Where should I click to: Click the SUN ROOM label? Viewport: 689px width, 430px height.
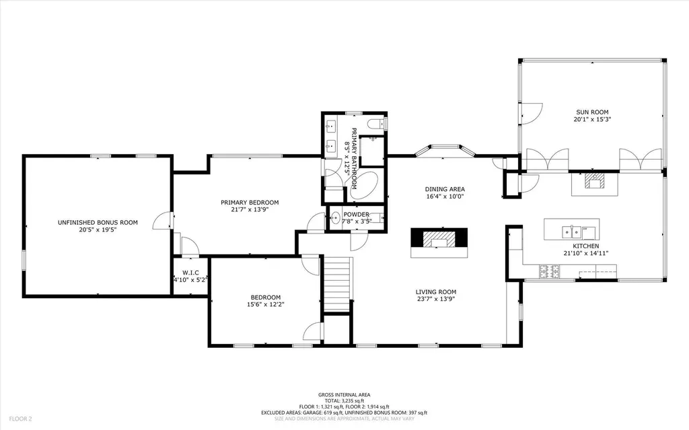[x=592, y=112]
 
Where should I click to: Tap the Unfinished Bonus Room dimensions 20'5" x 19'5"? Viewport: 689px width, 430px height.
[x=98, y=229]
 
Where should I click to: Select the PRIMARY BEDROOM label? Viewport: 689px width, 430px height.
[x=250, y=203]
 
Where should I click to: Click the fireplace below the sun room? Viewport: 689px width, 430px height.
[x=595, y=181]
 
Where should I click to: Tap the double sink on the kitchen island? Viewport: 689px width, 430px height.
[x=573, y=232]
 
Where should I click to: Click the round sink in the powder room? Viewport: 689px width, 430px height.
[x=334, y=217]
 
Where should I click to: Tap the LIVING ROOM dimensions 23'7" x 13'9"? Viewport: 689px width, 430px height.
[x=437, y=299]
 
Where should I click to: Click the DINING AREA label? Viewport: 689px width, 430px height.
[x=445, y=189]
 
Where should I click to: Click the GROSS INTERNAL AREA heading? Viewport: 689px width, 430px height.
[x=344, y=395]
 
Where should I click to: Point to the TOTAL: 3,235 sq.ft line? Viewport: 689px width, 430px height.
[x=344, y=401]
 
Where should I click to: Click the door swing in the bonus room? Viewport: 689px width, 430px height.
[x=161, y=220]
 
